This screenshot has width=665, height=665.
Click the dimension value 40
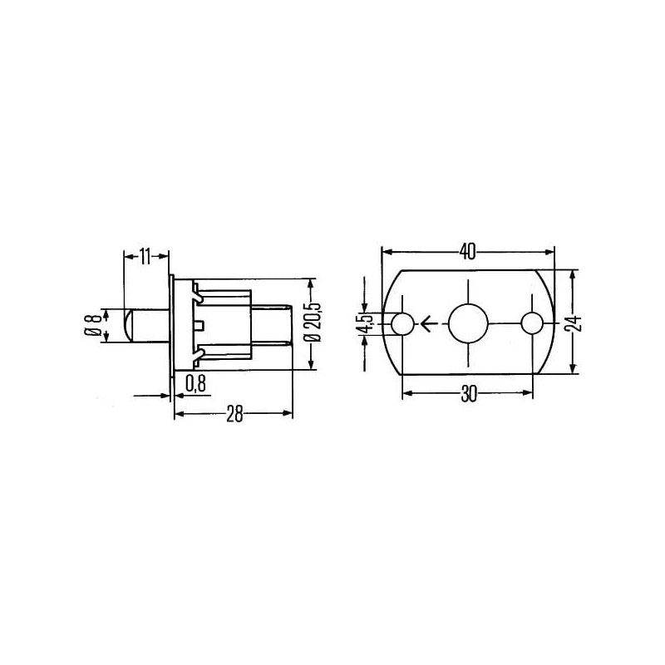(467, 252)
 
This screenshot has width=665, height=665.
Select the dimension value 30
(469, 394)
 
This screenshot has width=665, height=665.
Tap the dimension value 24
(574, 323)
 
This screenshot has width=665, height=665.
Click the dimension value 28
(234, 414)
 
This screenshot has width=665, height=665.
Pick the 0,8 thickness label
(196, 384)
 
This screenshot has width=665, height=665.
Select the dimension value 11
(145, 257)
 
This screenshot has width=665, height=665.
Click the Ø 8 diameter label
(93, 325)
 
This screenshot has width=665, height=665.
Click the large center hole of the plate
(468, 323)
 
